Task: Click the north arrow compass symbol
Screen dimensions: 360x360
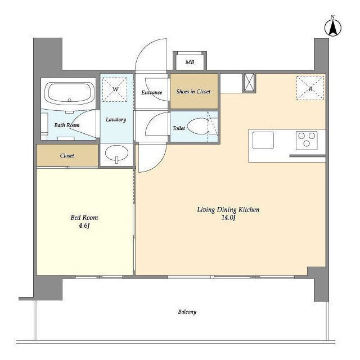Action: pos(332,28)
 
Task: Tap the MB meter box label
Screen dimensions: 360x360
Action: pos(190,62)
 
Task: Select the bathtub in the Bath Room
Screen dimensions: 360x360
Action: pos(70,94)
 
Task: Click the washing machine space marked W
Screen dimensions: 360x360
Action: pos(115,89)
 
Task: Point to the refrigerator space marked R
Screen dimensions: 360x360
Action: pos(310,88)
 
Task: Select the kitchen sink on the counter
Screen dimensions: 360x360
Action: pos(263,140)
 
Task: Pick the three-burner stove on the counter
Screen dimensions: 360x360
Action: pos(307,140)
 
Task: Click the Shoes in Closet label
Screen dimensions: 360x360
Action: pos(193,92)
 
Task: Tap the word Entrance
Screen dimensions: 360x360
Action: pos(152,92)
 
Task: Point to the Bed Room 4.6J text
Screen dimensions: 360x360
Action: pos(84,221)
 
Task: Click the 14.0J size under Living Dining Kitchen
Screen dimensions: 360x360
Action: pos(228,218)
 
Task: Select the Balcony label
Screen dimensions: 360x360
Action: pos(187,312)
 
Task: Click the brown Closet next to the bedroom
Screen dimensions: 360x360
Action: pos(67,155)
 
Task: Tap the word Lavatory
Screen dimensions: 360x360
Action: pos(116,119)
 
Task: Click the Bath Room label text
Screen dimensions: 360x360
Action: pos(67,125)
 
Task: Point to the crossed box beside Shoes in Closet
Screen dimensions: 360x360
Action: pos(249,83)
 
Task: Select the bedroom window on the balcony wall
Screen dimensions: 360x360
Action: pos(99,277)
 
